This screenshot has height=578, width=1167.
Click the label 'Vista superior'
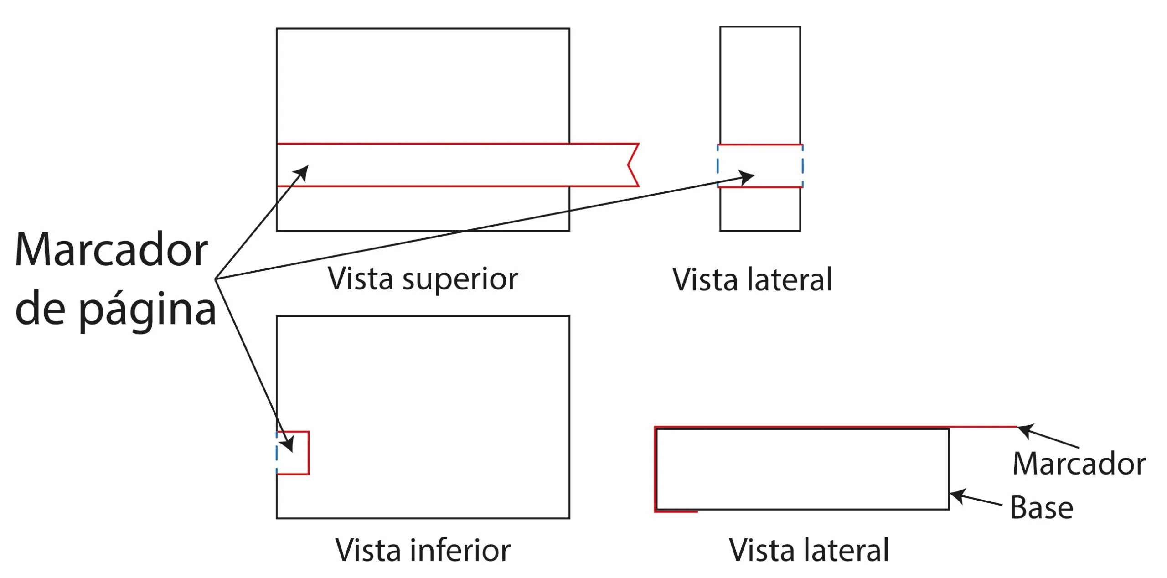click(423, 279)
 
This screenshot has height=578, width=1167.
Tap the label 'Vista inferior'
click(423, 550)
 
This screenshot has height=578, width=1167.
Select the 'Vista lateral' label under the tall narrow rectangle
click(753, 279)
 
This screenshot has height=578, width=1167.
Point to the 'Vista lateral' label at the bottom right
click(809, 550)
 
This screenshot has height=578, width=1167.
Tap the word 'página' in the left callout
click(147, 310)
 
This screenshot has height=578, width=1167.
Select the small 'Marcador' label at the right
click(1079, 464)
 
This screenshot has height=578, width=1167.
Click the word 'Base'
click(1042, 507)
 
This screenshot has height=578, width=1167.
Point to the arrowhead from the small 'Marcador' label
click(1025, 431)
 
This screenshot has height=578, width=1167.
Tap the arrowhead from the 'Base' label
click(957, 496)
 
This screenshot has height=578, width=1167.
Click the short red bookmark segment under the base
click(676, 511)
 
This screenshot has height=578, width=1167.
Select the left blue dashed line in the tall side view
click(718, 166)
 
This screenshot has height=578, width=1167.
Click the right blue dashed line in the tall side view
click(802, 166)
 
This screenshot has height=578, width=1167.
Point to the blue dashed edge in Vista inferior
click(277, 453)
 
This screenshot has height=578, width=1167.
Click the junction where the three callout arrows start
click(216, 279)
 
